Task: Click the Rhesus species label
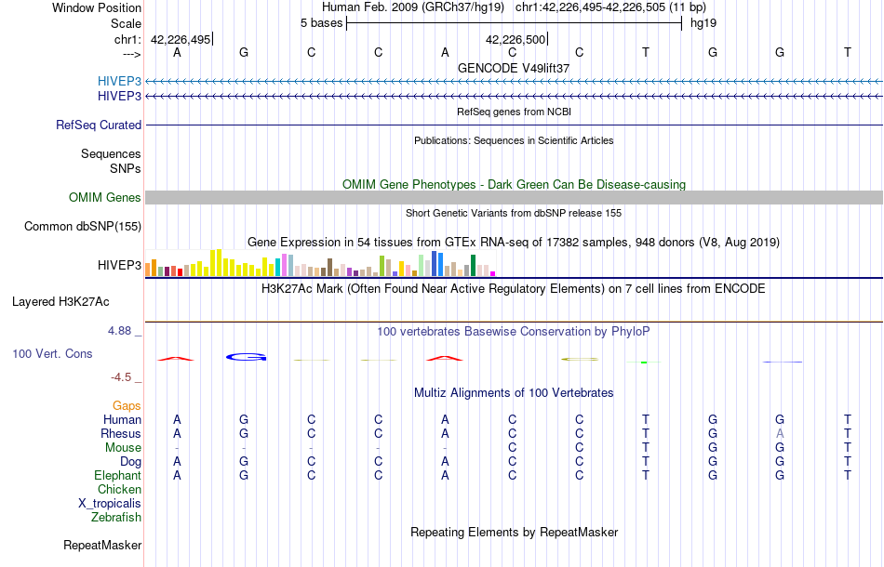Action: (x=122, y=433)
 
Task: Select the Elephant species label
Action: (x=117, y=475)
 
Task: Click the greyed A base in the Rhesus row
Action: (x=780, y=433)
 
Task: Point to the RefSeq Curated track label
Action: (x=99, y=125)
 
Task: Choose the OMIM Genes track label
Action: (x=105, y=197)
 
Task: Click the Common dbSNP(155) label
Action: (x=83, y=226)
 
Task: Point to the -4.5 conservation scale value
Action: (x=125, y=376)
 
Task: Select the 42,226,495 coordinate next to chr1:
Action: (x=181, y=40)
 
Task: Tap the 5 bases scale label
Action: (x=321, y=22)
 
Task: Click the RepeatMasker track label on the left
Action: (x=102, y=545)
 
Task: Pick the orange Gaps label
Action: (x=127, y=405)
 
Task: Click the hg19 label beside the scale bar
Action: (x=703, y=22)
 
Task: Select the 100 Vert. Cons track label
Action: (x=52, y=354)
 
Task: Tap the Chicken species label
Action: (x=120, y=489)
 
